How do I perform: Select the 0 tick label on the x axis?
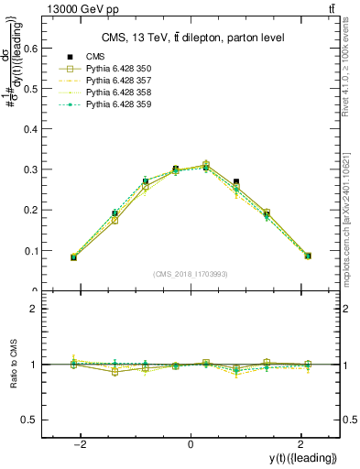(x=191, y=444)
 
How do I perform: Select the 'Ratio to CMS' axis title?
(x=14, y=364)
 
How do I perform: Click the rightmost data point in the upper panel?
(x=308, y=256)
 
